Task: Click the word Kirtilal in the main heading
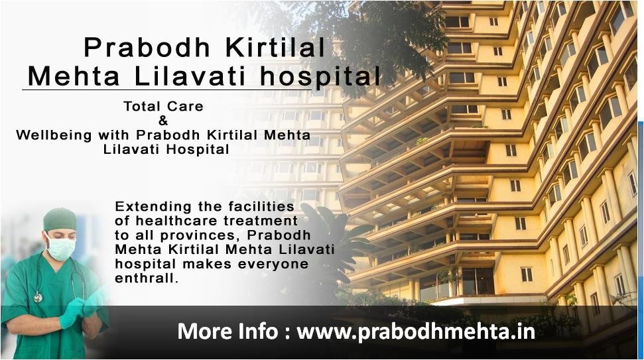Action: click(275, 47)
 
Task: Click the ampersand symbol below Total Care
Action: click(163, 121)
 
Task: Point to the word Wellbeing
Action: click(54, 135)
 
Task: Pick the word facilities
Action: click(261, 206)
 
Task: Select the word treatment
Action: click(261, 221)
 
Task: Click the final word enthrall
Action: click(147, 278)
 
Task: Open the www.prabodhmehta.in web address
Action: click(416, 331)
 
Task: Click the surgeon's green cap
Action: click(60, 219)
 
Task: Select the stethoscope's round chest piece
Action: click(38, 297)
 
